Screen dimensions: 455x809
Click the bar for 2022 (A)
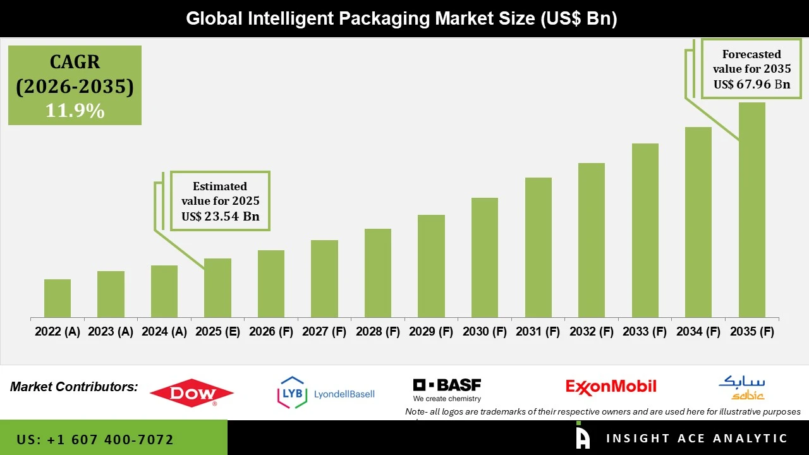point(58,298)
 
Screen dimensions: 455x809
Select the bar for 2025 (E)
point(217,288)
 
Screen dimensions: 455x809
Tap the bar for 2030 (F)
point(484,258)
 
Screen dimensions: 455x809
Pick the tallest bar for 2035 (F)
point(751,210)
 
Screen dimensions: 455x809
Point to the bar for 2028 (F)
point(377,273)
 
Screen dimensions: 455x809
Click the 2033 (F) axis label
point(645,332)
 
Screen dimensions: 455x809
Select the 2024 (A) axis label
point(164,332)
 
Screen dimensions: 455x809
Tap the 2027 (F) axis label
point(324,332)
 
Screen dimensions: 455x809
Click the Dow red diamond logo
point(192,393)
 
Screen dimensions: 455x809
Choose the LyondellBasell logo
point(326,392)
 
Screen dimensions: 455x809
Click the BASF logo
point(447,389)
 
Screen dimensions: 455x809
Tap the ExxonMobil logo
point(611,386)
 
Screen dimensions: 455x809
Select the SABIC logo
point(741,388)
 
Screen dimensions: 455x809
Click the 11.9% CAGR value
point(75,111)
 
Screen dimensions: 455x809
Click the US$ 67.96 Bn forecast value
point(751,84)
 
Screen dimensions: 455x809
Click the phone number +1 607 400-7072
point(95,439)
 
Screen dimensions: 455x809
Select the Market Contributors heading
point(74,386)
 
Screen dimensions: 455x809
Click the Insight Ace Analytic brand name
point(696,439)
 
